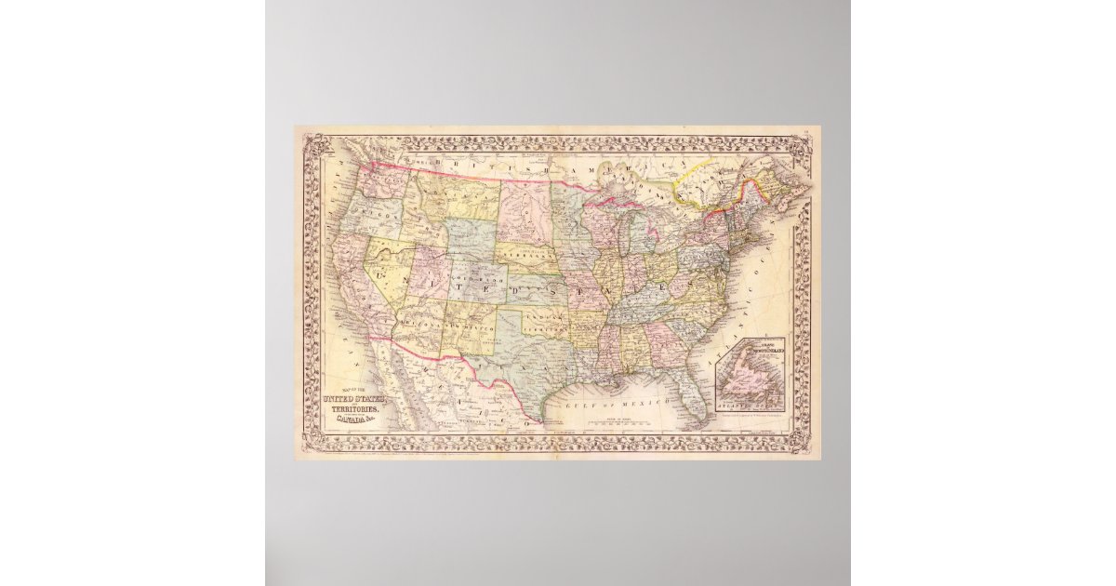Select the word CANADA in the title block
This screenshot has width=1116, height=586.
click(x=352, y=421)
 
